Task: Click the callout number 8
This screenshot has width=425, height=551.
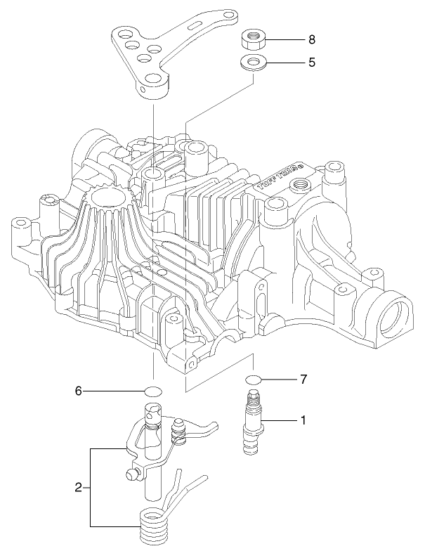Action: coord(311,39)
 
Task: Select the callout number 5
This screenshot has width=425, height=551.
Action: coord(311,62)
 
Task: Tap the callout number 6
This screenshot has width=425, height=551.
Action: coord(79,390)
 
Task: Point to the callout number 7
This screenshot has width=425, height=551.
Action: coord(303,380)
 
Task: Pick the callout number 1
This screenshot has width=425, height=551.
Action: coord(303,420)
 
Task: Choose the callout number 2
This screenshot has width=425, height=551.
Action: coord(79,486)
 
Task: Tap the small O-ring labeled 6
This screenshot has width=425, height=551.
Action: coord(154,391)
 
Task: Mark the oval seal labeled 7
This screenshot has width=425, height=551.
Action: coord(253,380)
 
